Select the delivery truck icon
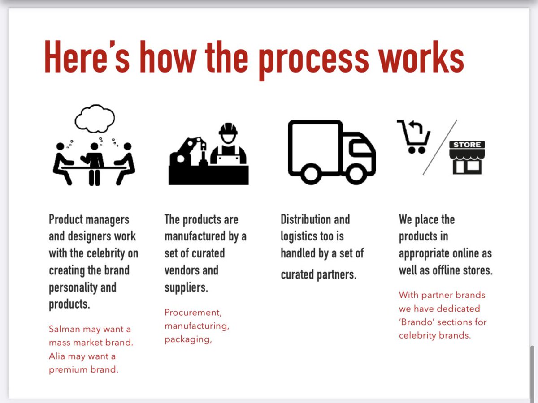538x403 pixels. tap(331, 152)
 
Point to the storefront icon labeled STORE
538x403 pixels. tap(467, 158)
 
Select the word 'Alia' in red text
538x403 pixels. tap(58, 356)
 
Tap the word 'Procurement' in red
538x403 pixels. tap(193, 312)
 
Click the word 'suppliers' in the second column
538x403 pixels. tap(186, 287)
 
